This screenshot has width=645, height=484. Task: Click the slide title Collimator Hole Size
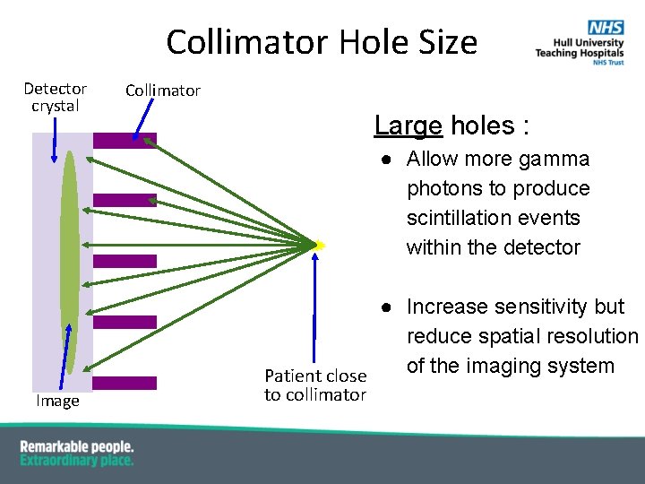322,42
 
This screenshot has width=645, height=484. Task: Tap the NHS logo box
606,29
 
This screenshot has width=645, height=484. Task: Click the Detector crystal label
56,97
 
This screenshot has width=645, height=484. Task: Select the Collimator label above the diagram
163,90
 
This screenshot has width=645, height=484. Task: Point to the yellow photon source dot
319,245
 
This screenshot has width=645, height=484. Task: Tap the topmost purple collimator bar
125,140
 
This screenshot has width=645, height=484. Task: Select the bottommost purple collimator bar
125,383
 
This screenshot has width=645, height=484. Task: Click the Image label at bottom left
57,402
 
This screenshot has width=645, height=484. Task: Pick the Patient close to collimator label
315,385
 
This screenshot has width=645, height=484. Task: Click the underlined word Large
408,125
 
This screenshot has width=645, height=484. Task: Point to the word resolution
594,336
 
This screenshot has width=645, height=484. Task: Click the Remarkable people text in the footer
77,446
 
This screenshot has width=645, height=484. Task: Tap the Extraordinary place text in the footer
77,461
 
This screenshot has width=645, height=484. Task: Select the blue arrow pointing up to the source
315,305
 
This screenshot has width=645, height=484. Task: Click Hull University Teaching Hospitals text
574,48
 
